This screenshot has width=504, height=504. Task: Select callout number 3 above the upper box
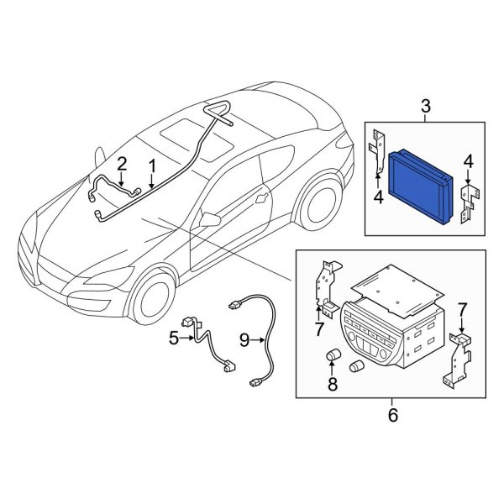tap(425, 106)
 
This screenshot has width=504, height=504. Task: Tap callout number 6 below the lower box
tap(391, 414)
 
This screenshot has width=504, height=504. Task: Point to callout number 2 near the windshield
tap(122, 162)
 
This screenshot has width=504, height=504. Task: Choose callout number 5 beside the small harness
tap(174, 339)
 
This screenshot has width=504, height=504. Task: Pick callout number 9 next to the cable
tap(244, 339)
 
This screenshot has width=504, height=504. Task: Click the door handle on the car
tap(264, 200)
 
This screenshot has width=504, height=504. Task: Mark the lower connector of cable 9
tap(255, 385)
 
